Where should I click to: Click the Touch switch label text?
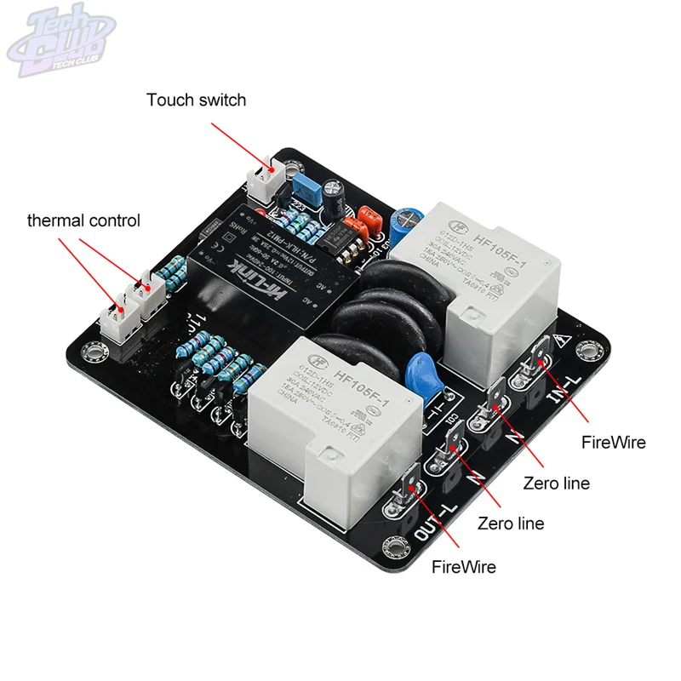[196, 100]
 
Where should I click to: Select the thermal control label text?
[83, 221]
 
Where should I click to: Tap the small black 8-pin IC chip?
[349, 240]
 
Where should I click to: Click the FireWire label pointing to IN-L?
[613, 442]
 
